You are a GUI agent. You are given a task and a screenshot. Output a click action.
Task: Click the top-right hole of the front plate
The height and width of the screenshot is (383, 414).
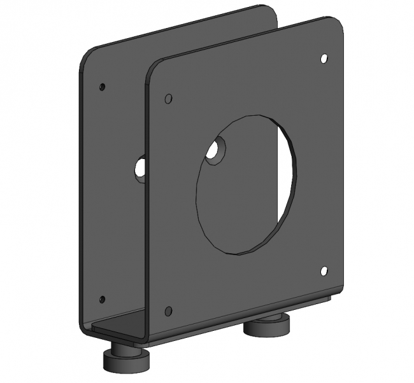[x=324, y=59]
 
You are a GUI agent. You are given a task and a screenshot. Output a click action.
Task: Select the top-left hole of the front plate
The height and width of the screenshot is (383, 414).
[x=168, y=99]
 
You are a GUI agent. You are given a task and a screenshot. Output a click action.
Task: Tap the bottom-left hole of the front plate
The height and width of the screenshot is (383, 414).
[x=168, y=311]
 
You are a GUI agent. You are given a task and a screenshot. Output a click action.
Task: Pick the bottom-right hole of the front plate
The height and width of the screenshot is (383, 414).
[x=324, y=271]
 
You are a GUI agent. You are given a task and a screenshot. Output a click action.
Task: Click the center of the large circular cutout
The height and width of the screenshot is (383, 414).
[x=245, y=185]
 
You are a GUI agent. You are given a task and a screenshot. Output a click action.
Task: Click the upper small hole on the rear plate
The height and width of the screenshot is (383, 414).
[x=102, y=87]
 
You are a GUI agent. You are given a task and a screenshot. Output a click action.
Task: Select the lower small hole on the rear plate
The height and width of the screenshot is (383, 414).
[x=102, y=298]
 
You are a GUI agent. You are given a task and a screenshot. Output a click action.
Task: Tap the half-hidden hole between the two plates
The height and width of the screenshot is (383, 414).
[x=140, y=168]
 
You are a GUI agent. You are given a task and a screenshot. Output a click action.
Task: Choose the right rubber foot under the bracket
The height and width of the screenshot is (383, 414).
[x=266, y=328]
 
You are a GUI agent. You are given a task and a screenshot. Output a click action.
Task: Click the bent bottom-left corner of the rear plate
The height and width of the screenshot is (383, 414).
[x=85, y=327]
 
